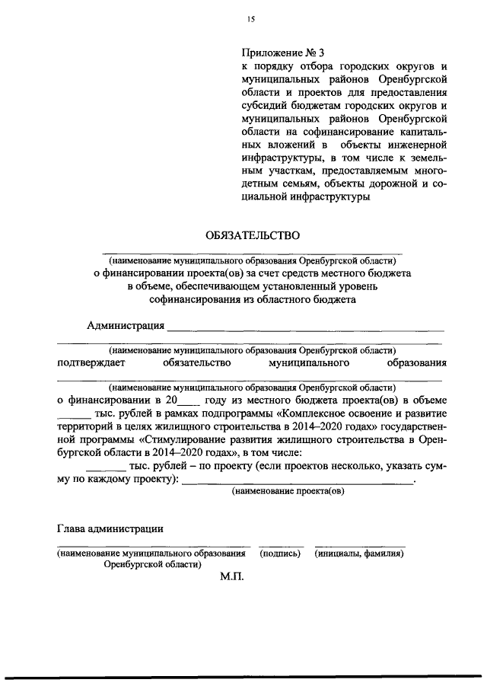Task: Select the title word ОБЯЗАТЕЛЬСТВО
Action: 250,236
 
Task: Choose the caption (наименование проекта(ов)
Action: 288,492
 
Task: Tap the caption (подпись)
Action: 281,554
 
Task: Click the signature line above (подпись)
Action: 281,545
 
